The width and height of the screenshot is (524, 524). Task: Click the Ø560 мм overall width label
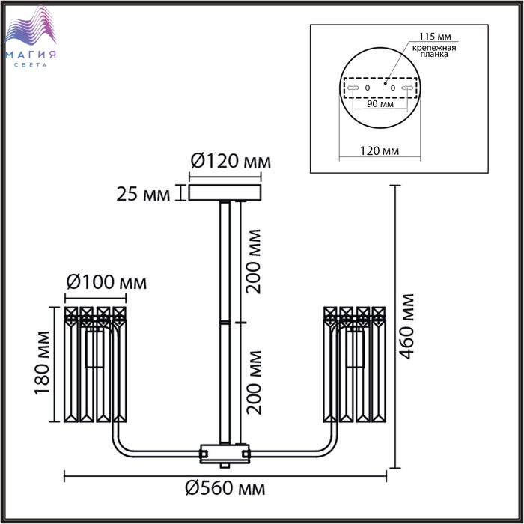point(225,489)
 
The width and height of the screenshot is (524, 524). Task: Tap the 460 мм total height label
point(407,326)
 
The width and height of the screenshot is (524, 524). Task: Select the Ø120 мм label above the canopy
point(231,162)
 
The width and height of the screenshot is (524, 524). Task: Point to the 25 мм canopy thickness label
point(143,194)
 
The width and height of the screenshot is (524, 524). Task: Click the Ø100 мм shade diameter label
point(106,283)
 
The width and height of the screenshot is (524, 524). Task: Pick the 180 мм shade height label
point(43,362)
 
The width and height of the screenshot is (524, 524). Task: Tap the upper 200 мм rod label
point(253,261)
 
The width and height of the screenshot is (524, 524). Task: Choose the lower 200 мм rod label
point(253,383)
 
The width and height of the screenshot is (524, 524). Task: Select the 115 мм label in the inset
point(435,36)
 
